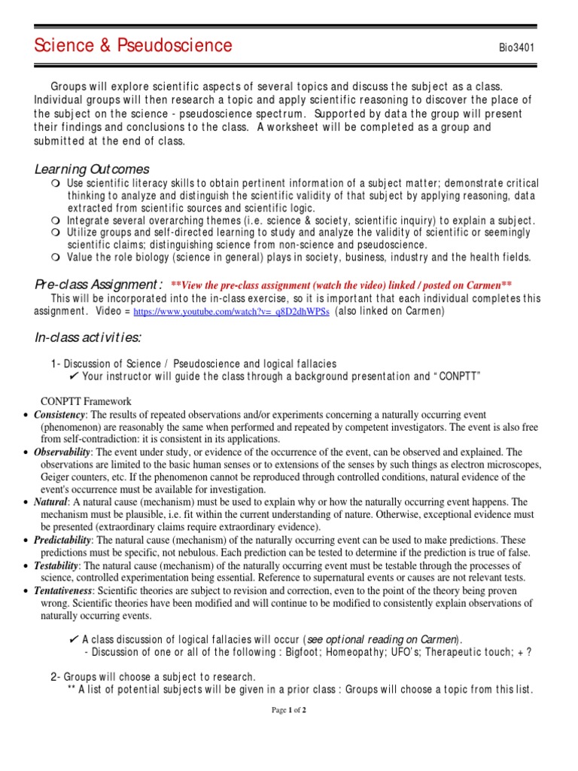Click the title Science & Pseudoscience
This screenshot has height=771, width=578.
point(133,46)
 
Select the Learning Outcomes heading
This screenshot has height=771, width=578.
point(93,169)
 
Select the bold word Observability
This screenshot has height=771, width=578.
point(62,453)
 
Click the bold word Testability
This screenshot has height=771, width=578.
point(57,565)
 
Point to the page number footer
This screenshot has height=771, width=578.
point(288,709)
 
